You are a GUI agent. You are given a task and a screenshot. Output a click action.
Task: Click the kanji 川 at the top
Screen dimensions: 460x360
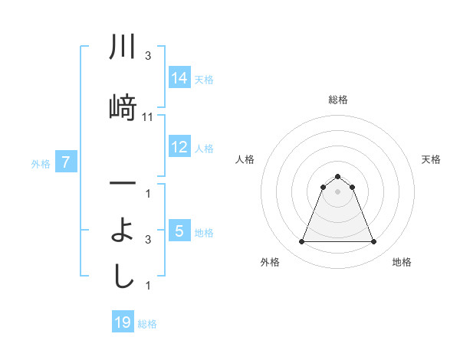coord(123,48)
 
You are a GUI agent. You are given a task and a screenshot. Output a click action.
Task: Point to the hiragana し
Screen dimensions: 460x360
coord(123,277)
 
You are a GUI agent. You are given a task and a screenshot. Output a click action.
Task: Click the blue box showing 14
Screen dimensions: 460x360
coord(179,78)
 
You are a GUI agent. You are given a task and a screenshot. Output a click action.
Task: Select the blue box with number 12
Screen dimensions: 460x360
coord(179,147)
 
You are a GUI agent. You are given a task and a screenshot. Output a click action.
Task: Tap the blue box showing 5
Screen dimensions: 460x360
coord(179,231)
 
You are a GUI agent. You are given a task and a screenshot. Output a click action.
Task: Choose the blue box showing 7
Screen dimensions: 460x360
coord(67,162)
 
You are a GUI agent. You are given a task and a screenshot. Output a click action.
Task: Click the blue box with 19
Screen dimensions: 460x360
coord(123,322)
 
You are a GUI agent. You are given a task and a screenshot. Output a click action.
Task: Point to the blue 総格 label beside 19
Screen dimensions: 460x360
coord(147,324)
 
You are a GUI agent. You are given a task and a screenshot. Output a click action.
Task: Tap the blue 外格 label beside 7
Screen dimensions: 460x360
coord(41,163)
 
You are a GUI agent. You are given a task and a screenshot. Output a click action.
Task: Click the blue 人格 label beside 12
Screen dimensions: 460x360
coord(204,148)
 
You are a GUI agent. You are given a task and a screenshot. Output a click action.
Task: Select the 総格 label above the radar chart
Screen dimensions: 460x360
coord(337,100)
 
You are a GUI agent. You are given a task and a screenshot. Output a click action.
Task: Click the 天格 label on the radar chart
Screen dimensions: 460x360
coord(432,159)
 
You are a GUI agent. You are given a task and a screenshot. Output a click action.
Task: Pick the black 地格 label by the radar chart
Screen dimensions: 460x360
coord(402,262)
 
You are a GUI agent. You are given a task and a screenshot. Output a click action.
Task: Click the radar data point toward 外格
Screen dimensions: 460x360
coord(301,242)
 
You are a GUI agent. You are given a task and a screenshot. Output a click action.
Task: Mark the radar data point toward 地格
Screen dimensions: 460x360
coord(374,242)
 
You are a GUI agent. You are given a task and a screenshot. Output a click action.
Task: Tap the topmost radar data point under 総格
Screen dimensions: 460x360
coord(337,176)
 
